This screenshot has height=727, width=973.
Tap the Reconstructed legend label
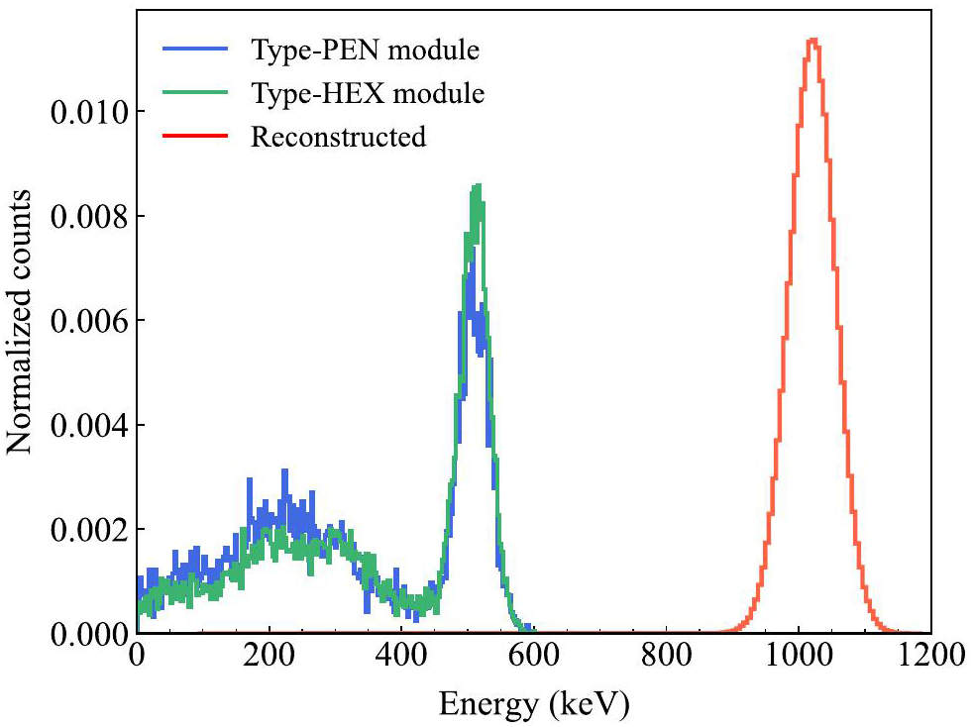338,137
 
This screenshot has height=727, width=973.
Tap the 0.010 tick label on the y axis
88,112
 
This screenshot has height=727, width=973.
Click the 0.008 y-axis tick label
88,216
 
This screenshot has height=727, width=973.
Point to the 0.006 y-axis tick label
88,321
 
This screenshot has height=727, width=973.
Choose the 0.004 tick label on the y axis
88,425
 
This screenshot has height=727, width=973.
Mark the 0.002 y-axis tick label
88,530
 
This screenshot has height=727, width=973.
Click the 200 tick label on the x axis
269,657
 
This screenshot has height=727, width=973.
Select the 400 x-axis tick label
401,657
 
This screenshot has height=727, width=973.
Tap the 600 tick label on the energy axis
534,657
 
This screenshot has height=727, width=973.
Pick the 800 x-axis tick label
666,657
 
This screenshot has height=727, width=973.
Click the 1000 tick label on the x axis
799,657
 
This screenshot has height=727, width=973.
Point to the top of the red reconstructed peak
813,40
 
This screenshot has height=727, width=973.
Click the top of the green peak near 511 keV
478,185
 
